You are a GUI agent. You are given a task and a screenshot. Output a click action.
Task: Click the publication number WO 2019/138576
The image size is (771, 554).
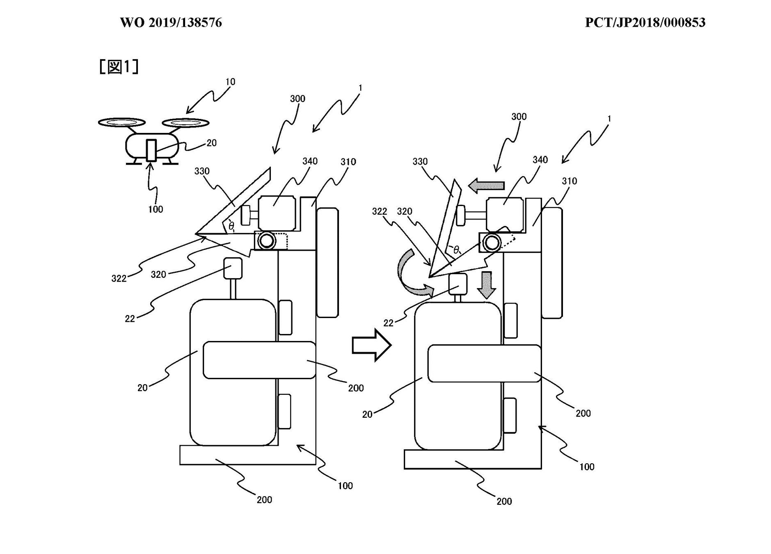tap(171, 23)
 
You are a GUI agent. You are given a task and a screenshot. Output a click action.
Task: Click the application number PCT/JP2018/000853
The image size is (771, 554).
tap(645, 23)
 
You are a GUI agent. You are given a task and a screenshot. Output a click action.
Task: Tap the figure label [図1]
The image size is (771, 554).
tap(119, 66)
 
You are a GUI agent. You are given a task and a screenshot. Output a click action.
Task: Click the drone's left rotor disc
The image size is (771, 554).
tap(122, 122)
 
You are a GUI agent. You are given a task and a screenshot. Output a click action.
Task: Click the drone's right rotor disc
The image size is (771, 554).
tap(186, 122)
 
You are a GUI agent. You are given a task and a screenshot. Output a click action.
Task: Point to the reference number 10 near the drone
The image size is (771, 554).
tap(230, 82)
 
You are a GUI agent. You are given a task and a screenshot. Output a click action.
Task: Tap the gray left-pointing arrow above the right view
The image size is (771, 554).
tap(486, 185)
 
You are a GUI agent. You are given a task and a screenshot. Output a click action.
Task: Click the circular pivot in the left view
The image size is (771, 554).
tap(267, 240)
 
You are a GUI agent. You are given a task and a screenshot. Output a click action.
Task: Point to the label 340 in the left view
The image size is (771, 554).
tap(310, 161)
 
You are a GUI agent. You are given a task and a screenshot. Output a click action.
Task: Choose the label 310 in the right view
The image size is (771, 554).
tap(569, 181)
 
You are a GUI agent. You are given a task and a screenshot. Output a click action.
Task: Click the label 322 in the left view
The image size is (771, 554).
tap(119, 279)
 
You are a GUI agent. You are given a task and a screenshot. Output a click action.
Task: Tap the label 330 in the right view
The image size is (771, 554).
tap(420, 162)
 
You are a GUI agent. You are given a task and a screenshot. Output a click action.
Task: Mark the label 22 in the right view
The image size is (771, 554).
tap(388, 323)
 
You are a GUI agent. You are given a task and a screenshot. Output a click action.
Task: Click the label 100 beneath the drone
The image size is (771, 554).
tap(156, 209)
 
